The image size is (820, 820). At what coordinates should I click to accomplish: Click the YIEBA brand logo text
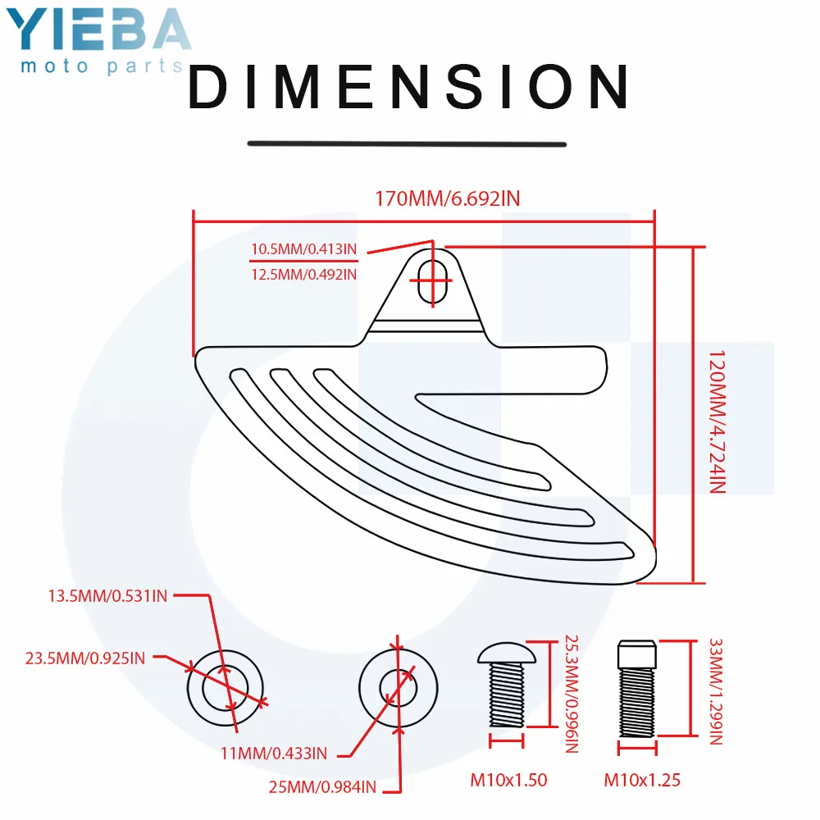(x=98, y=30)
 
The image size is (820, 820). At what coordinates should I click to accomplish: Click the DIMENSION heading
(x=408, y=87)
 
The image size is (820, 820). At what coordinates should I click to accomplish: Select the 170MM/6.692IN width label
(x=448, y=198)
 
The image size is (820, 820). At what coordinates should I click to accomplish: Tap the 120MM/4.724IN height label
(x=717, y=422)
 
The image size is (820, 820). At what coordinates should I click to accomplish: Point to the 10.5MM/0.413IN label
(x=304, y=249)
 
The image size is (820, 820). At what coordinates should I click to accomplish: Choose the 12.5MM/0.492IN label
(x=304, y=274)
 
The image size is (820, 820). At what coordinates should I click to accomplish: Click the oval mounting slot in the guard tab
(x=432, y=282)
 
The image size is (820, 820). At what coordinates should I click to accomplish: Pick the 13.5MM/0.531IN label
(x=107, y=595)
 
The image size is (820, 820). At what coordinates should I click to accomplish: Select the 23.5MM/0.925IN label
(x=85, y=658)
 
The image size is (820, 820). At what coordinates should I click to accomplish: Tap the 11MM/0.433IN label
(x=274, y=753)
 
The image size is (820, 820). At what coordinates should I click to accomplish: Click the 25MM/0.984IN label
(x=322, y=786)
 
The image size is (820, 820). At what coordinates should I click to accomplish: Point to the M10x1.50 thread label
(x=508, y=780)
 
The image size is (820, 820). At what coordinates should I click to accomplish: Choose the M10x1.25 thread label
(x=642, y=780)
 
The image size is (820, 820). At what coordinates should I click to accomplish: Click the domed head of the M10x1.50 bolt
(x=507, y=654)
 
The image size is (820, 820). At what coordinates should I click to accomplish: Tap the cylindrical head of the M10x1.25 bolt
(x=636, y=654)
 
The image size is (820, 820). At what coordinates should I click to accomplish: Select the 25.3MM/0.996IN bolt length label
(x=572, y=694)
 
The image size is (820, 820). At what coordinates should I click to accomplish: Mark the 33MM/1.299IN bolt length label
(x=715, y=690)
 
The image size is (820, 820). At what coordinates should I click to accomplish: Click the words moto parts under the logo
(x=102, y=66)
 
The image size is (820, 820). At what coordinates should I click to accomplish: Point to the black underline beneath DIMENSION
(x=407, y=143)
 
